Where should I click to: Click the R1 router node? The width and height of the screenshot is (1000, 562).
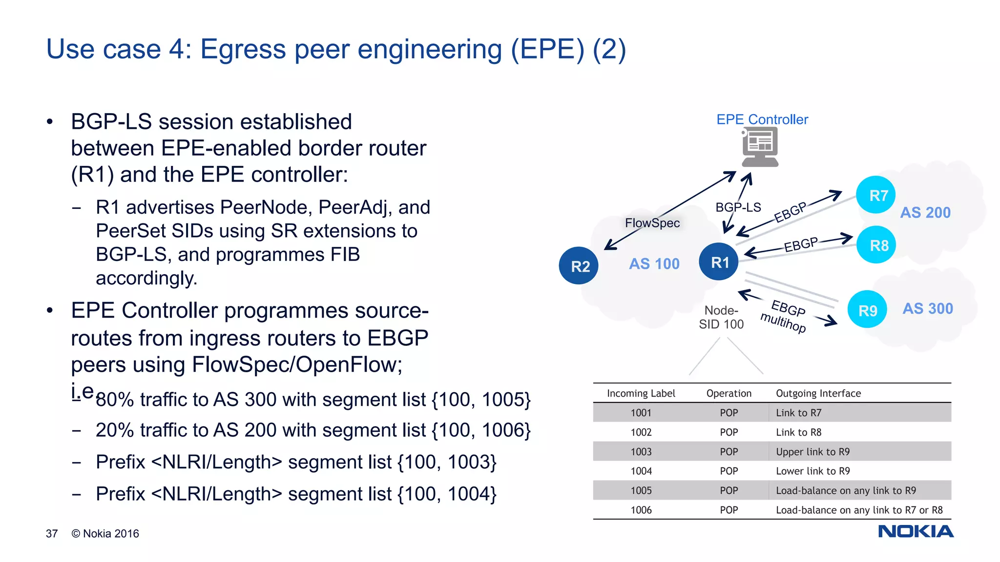coord(718,262)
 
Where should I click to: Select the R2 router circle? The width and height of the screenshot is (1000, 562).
coord(579,266)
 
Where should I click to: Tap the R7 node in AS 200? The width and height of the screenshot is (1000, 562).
coord(876,195)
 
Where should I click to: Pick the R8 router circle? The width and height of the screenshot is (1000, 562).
coord(876,245)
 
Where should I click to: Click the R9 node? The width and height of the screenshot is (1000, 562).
coord(867,310)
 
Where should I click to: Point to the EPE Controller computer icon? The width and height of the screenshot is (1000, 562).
coord(760,147)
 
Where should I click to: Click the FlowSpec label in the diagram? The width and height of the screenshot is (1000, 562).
coord(652,223)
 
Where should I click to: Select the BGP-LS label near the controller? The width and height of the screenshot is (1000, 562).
coord(738,207)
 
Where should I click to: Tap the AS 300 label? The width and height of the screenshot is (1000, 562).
coord(927,308)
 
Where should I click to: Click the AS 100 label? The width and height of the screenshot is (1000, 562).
coord(654,263)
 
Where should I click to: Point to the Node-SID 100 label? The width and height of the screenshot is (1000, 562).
coord(721,317)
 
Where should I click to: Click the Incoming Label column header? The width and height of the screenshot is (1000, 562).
coord(641,393)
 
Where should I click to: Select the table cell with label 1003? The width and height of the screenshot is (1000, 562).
coord(641,452)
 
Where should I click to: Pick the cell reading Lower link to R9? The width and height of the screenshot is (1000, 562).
coord(812,471)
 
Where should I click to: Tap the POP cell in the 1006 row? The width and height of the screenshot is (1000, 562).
coord(729,510)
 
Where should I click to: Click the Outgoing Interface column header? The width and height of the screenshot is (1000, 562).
coord(818,393)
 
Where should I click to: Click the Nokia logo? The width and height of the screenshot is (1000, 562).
coord(916,531)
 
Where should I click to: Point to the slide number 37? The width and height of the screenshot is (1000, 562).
coord(52,534)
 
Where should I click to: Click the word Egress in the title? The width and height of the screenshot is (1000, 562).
coord(243,49)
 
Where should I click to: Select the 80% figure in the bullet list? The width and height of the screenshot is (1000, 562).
coord(115,400)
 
